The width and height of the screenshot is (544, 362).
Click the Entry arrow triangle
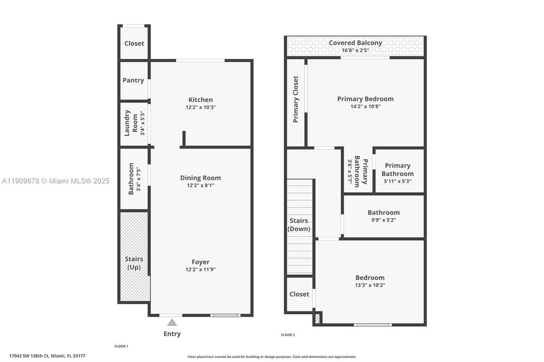click(x=172, y=322)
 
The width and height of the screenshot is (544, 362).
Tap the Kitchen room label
click(x=200, y=100)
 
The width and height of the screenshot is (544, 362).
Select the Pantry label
click(x=133, y=80)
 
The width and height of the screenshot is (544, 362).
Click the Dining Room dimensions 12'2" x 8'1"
click(x=200, y=186)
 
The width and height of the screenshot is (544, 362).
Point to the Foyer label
click(x=200, y=262)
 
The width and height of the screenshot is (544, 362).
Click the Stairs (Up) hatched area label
click(x=134, y=263)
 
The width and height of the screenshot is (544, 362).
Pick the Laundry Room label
click(x=131, y=123)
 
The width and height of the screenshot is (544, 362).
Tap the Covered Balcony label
click(x=355, y=43)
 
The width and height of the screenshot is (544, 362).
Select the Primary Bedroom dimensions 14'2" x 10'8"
click(x=365, y=107)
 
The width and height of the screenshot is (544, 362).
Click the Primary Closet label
click(x=296, y=99)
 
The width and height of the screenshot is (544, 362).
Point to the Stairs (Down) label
click(x=299, y=225)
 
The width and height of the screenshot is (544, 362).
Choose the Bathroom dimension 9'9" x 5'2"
click(x=383, y=220)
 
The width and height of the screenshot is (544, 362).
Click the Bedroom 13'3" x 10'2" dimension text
click(x=370, y=285)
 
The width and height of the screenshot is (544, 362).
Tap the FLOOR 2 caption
click(x=288, y=335)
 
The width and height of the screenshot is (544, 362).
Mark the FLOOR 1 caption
click(x=121, y=346)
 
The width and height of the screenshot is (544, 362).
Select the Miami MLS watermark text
click(x=55, y=181)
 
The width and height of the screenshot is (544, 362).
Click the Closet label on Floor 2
click(x=299, y=294)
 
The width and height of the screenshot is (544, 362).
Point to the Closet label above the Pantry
click(x=134, y=43)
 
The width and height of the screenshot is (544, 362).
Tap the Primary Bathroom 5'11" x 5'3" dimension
click(x=397, y=181)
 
